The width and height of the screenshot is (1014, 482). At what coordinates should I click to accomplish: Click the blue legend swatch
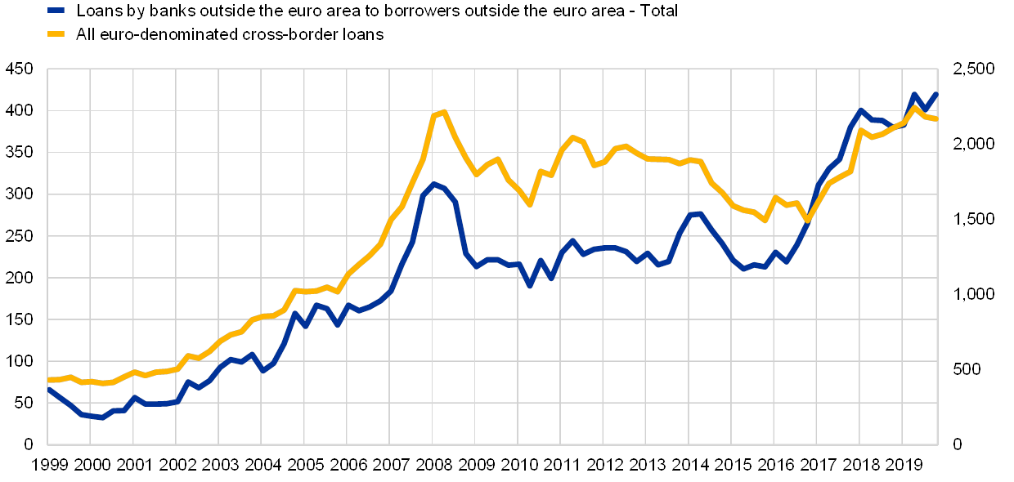click(x=56, y=11)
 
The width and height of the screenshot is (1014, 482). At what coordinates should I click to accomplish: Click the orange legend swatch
click(x=56, y=34)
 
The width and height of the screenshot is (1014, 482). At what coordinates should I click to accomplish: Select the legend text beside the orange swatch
click(x=229, y=34)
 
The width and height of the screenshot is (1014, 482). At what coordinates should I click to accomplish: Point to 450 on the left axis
click(x=19, y=68)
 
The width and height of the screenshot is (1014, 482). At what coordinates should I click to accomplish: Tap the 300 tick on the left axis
click(x=19, y=194)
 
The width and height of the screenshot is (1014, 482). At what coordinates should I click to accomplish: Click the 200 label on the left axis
click(x=19, y=278)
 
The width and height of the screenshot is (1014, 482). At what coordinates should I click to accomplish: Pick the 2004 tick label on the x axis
click(x=261, y=465)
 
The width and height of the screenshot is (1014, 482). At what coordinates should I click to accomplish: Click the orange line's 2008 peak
click(x=443, y=112)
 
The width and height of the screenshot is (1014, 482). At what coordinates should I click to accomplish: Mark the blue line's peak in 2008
click(x=434, y=184)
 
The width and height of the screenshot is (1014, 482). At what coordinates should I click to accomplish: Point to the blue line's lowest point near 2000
click(x=100, y=417)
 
